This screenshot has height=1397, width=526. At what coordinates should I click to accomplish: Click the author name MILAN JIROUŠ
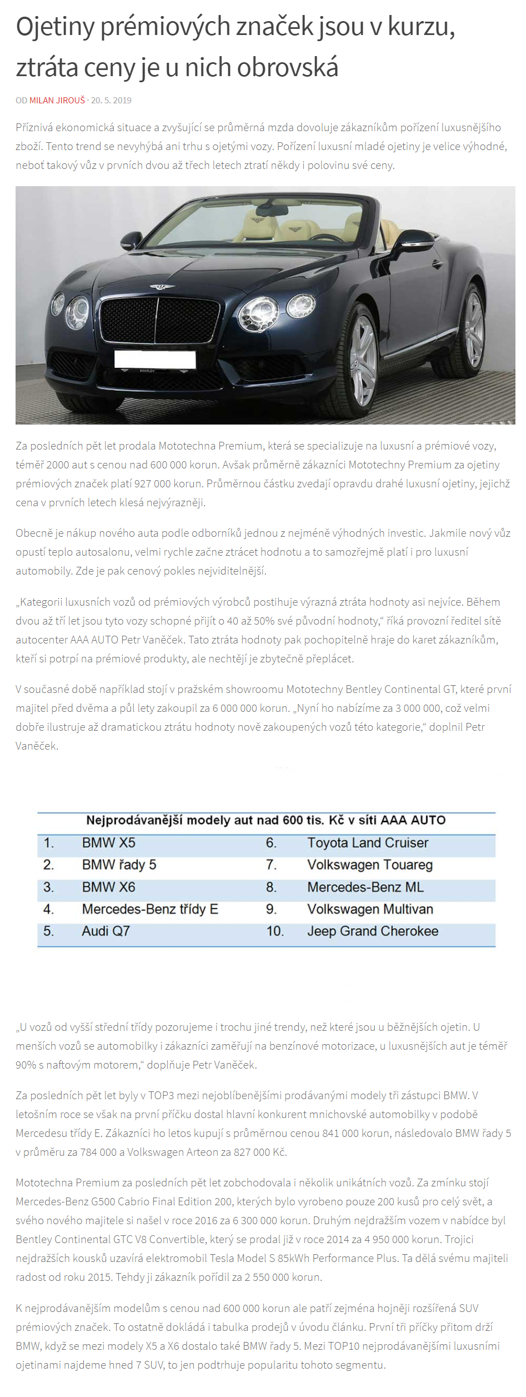coord(57,101)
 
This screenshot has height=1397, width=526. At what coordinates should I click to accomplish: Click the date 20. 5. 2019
coord(111,101)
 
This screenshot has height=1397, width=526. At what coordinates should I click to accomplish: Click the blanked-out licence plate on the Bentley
coord(154,358)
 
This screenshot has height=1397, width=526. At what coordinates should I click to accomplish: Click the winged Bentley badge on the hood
coord(162,287)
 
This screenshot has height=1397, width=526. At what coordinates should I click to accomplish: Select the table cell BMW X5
coord(108,842)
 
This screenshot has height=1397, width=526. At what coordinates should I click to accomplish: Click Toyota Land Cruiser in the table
coord(368,842)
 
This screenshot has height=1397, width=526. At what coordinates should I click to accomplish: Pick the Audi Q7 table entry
coord(106,931)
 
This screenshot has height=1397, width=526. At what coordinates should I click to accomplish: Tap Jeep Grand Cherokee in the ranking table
coord(373,931)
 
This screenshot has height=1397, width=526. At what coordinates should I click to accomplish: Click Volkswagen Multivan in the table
coord(370,909)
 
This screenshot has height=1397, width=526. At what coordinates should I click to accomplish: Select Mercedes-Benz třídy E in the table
coord(150,909)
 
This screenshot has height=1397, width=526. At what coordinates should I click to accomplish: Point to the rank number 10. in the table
coord(274,931)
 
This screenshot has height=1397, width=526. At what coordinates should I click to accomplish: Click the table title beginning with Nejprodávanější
coord(265,820)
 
